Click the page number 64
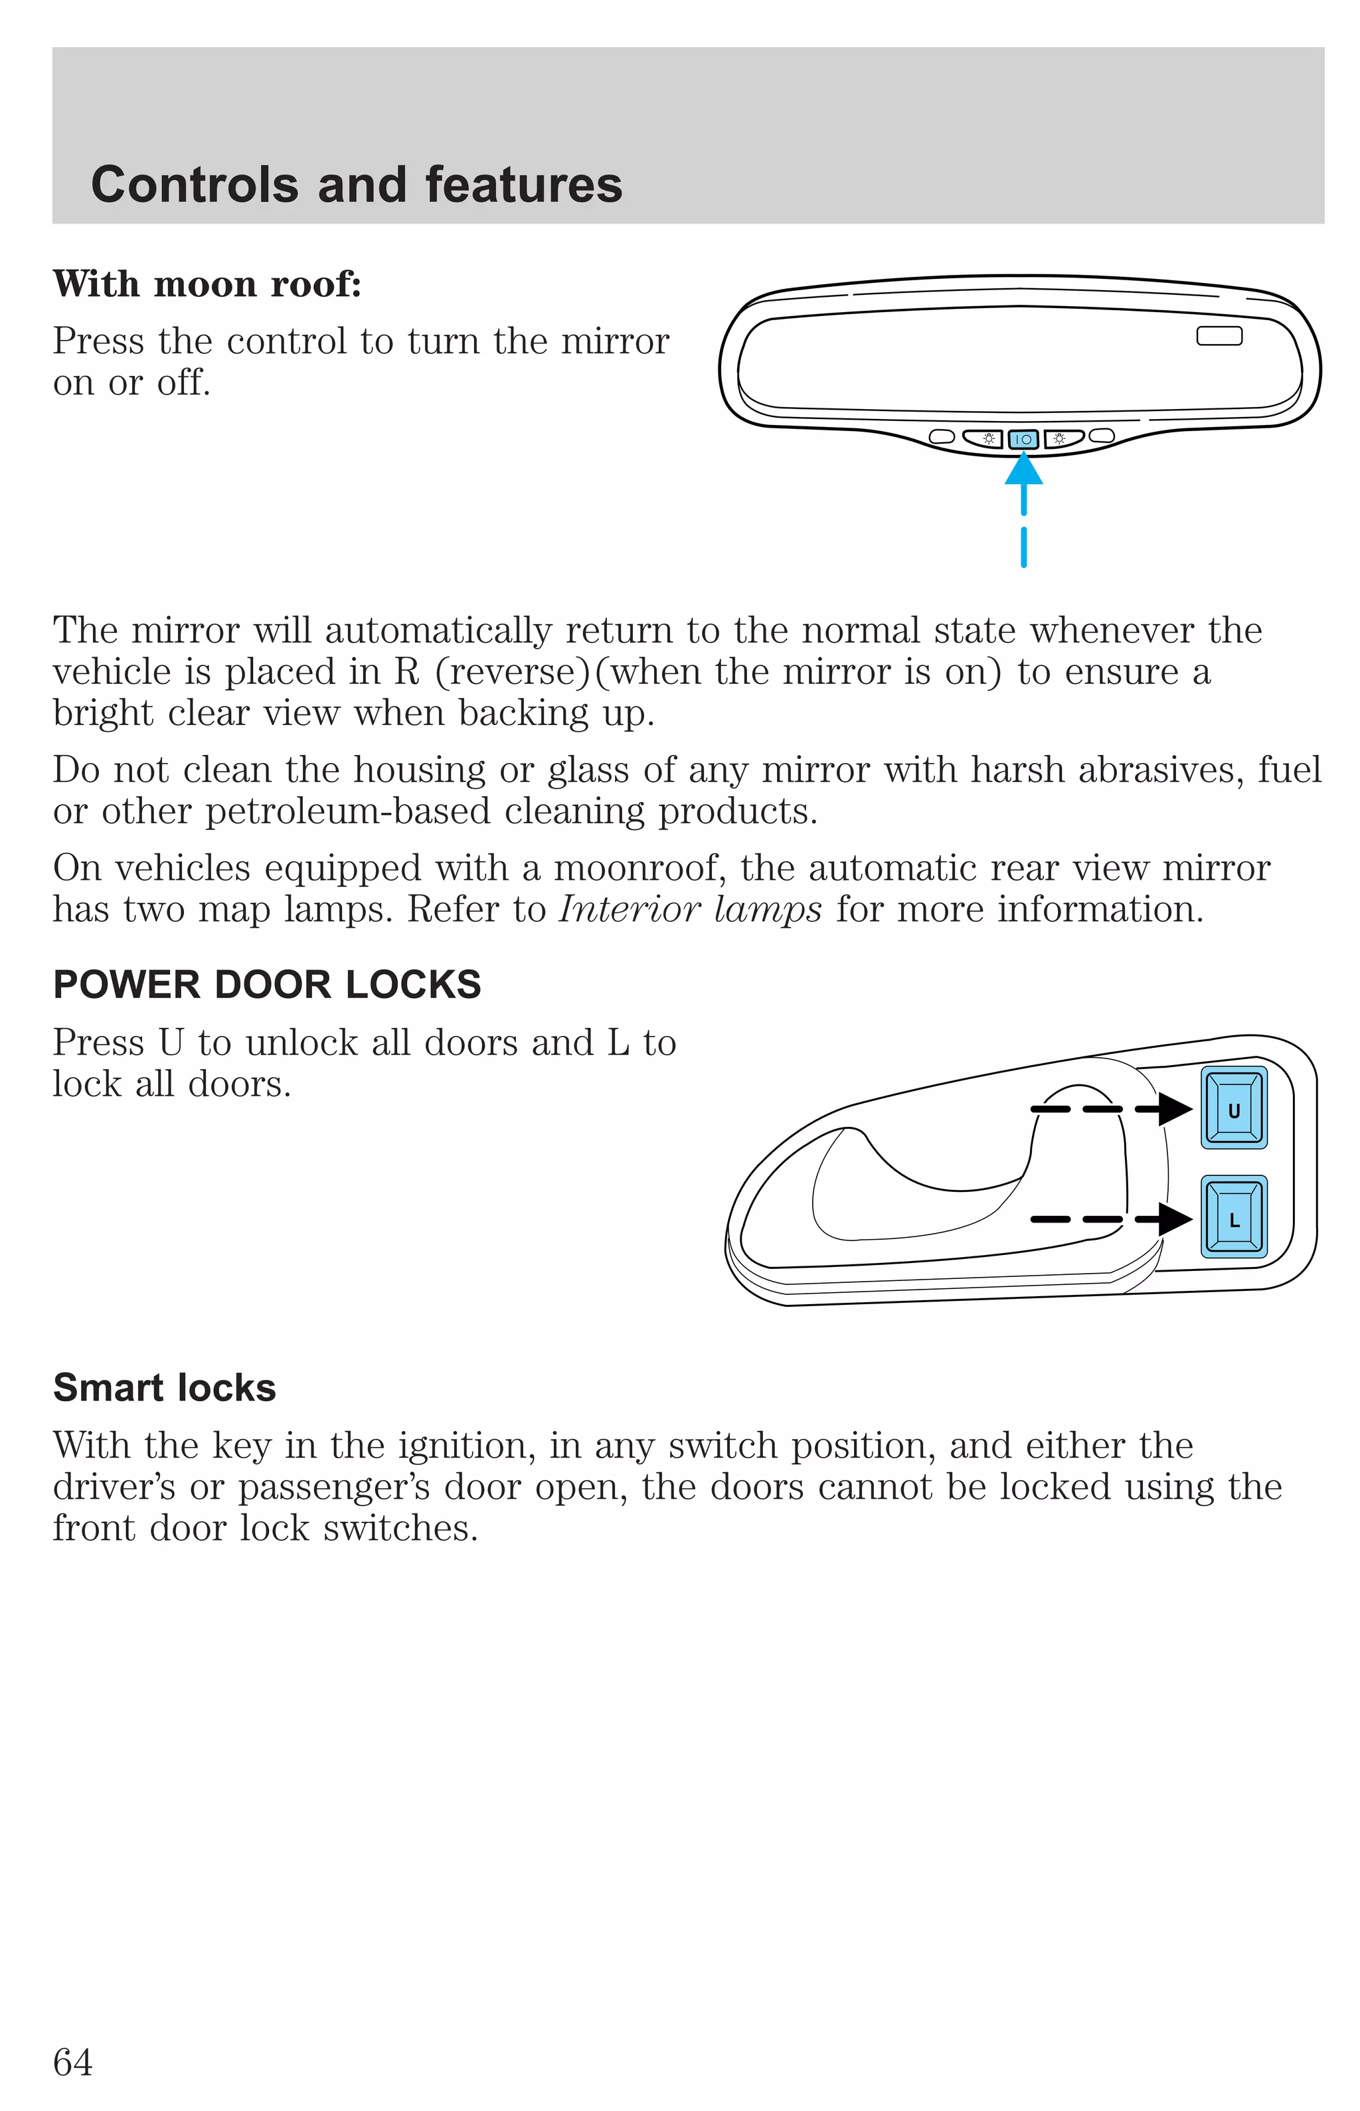[72, 2062]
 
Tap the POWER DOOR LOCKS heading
[267, 984]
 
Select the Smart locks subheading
[164, 1387]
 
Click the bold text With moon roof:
[207, 284]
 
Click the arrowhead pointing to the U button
[1175, 1108]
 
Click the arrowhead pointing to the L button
[1175, 1219]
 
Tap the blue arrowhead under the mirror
[1023, 468]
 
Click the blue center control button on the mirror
[1023, 439]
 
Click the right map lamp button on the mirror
[1063, 438]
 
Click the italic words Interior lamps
[691, 909]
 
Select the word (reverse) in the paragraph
[511, 672]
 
